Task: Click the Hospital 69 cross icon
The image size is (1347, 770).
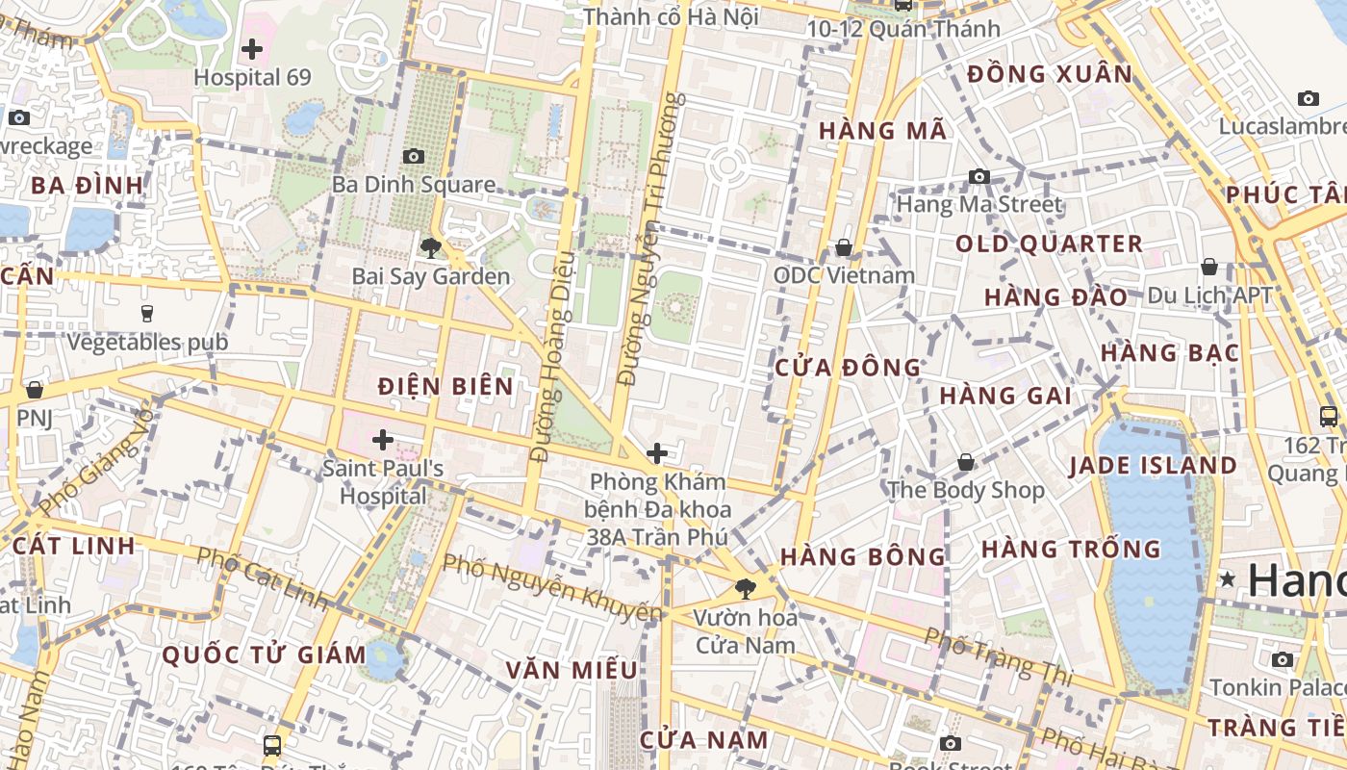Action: pos(252,49)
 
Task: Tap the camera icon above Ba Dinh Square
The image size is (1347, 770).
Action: pos(414,156)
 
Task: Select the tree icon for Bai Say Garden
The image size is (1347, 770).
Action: pos(430,248)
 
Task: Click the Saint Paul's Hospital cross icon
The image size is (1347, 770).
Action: pos(383,441)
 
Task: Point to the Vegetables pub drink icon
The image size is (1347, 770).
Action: pos(147,313)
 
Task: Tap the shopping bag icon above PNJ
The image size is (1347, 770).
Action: pos(35,390)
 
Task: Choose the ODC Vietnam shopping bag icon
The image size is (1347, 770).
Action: pos(844,247)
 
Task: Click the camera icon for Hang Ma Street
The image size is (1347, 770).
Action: pos(979,176)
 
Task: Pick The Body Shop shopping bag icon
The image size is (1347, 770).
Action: pos(966,463)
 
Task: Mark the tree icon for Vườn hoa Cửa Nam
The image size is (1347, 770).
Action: pos(744,589)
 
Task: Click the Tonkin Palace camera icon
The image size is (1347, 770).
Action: pos(1282,659)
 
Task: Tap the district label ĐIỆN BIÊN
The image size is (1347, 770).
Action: pos(445,387)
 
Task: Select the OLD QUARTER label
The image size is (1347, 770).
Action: pos(1049,244)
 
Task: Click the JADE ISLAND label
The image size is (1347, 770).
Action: pos(1153,466)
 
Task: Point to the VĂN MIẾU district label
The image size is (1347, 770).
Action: pos(572,670)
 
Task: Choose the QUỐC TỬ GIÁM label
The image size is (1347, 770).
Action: pos(264,655)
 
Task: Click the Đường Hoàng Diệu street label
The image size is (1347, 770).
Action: pos(552,356)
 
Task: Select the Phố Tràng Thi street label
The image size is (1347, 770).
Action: pos(998,656)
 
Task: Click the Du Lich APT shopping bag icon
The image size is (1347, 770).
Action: pos(1209,267)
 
